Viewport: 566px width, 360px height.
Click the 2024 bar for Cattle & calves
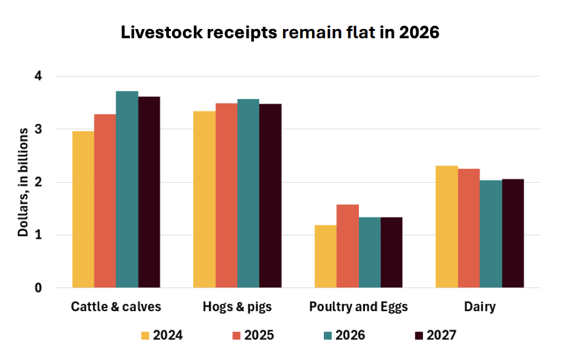(83, 210)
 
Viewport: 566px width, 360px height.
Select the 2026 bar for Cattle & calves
(127, 189)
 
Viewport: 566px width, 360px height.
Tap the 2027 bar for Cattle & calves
(149, 192)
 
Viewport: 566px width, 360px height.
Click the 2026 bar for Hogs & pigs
(248, 193)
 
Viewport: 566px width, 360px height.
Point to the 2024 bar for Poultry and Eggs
(325, 256)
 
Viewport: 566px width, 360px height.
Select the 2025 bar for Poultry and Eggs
(348, 246)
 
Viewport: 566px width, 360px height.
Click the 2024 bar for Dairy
(447, 227)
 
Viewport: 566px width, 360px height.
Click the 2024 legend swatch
(145, 336)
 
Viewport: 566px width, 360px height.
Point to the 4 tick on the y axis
(38, 76)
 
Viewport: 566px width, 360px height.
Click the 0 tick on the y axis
(38, 288)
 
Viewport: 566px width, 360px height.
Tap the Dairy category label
(480, 307)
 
